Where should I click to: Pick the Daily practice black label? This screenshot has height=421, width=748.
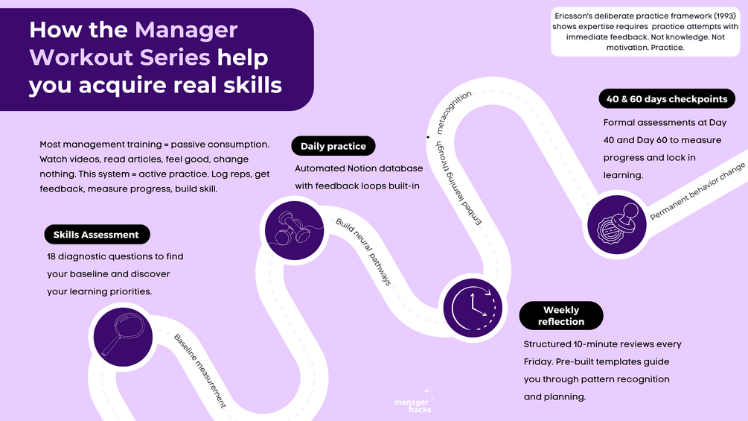[x=333, y=146]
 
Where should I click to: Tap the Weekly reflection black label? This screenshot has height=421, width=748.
[x=561, y=316]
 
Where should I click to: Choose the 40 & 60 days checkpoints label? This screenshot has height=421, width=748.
[x=667, y=99]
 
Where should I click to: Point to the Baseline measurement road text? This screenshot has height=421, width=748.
[x=199, y=370]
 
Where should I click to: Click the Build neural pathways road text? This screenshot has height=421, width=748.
[x=363, y=252]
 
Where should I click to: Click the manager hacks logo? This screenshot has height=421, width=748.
[x=412, y=403]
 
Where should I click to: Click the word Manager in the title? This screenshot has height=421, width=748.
[x=186, y=31]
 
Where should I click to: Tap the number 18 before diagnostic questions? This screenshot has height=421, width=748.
[x=52, y=256]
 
